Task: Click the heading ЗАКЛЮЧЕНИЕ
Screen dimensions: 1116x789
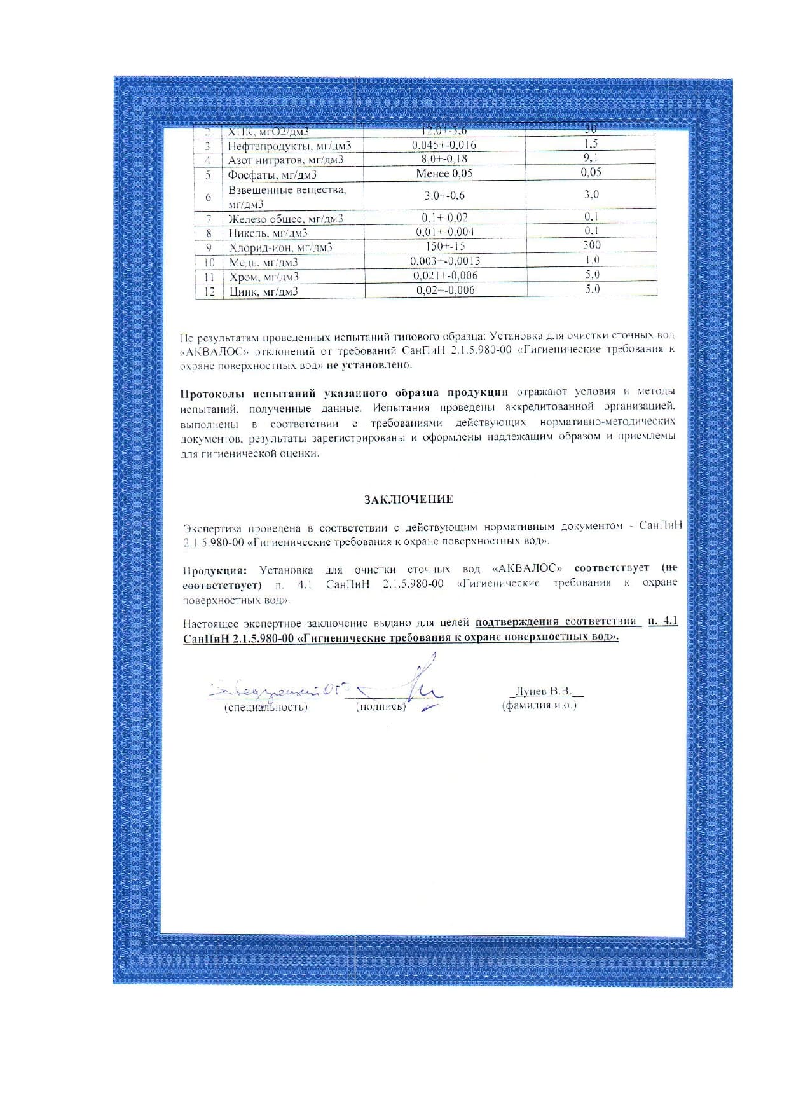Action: click(408, 499)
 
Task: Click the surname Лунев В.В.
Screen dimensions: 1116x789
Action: click(544, 691)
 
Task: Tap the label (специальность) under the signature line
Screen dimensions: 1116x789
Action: click(266, 707)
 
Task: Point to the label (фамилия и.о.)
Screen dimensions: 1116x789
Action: click(539, 705)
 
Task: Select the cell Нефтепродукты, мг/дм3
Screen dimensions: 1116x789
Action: click(289, 146)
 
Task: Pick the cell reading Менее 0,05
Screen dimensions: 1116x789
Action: click(444, 174)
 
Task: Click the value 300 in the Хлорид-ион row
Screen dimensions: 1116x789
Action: click(591, 245)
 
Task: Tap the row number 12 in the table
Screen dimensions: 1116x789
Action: click(209, 292)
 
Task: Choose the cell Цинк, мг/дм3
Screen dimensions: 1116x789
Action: click(263, 292)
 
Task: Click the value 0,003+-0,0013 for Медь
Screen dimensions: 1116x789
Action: click(445, 261)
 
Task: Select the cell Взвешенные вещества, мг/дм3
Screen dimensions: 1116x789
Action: click(287, 196)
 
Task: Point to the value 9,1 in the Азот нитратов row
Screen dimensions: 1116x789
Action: click(591, 158)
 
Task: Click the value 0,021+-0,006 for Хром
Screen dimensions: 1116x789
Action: click(445, 275)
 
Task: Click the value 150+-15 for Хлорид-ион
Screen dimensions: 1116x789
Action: click(444, 246)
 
